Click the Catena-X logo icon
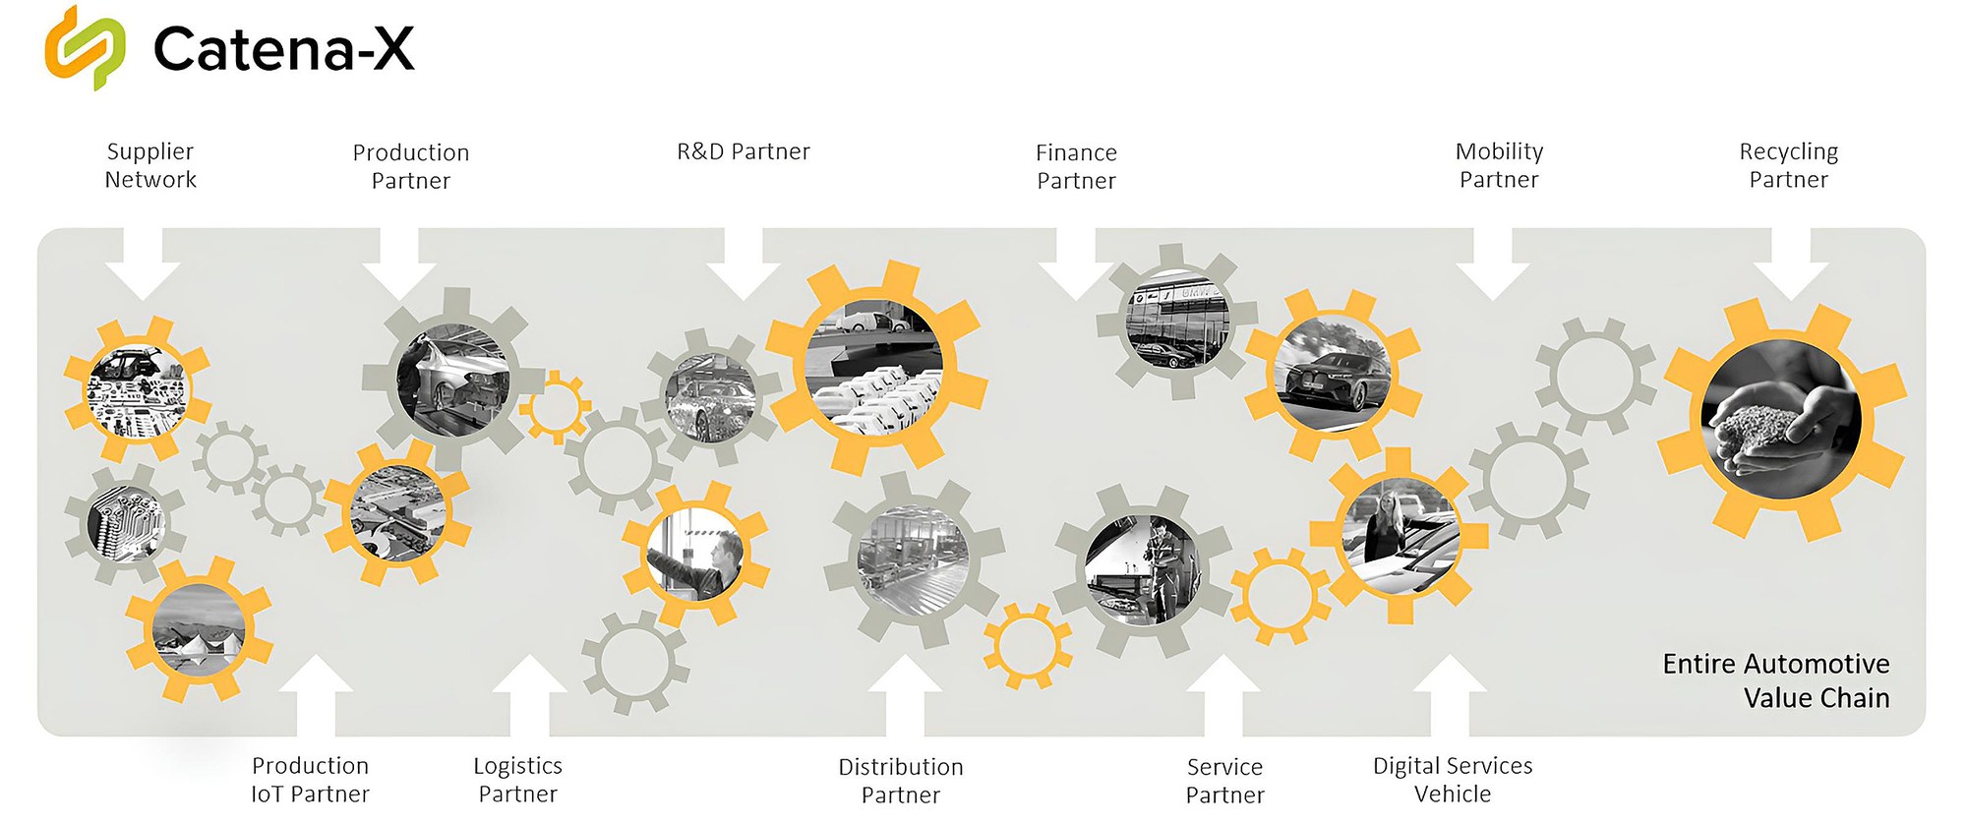point(85,47)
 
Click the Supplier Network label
point(150,165)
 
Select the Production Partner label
point(411,166)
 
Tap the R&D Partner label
point(744,151)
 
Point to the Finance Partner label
point(1076,166)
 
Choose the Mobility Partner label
point(1499,165)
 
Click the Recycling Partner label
point(1788,165)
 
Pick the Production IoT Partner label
point(310,780)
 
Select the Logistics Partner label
point(517,780)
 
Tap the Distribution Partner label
point(901,781)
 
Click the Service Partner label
point(1224,781)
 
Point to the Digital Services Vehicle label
point(1453,780)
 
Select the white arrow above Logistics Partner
point(529,694)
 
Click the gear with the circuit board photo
point(125,523)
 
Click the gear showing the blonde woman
point(1399,535)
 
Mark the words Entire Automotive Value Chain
point(1776,680)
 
